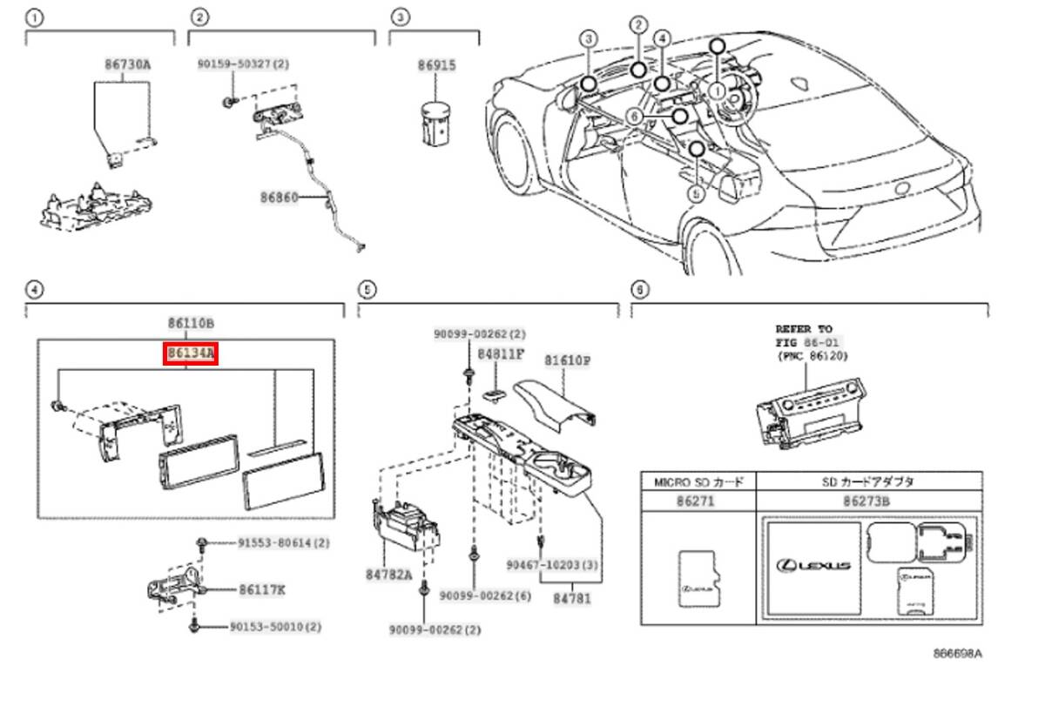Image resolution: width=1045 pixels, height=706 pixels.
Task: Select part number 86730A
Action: click(128, 64)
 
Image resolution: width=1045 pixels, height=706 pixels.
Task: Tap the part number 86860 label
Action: click(278, 198)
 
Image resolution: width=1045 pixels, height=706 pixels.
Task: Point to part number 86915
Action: click(436, 64)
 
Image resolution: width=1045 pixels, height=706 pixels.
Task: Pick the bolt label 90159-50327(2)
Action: click(242, 64)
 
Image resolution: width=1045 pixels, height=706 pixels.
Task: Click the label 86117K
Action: click(262, 589)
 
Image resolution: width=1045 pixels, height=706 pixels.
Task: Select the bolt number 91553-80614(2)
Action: click(284, 542)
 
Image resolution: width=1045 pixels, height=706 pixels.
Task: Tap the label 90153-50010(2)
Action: click(276, 626)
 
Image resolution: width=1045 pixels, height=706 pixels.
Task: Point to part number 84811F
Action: click(501, 353)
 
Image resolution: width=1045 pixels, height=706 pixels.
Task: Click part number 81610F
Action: click(568, 358)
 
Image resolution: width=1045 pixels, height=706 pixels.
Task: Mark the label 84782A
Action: click(388, 575)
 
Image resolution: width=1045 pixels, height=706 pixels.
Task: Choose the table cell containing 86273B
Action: click(871, 501)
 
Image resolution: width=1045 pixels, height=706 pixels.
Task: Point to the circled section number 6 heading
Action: click(640, 288)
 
